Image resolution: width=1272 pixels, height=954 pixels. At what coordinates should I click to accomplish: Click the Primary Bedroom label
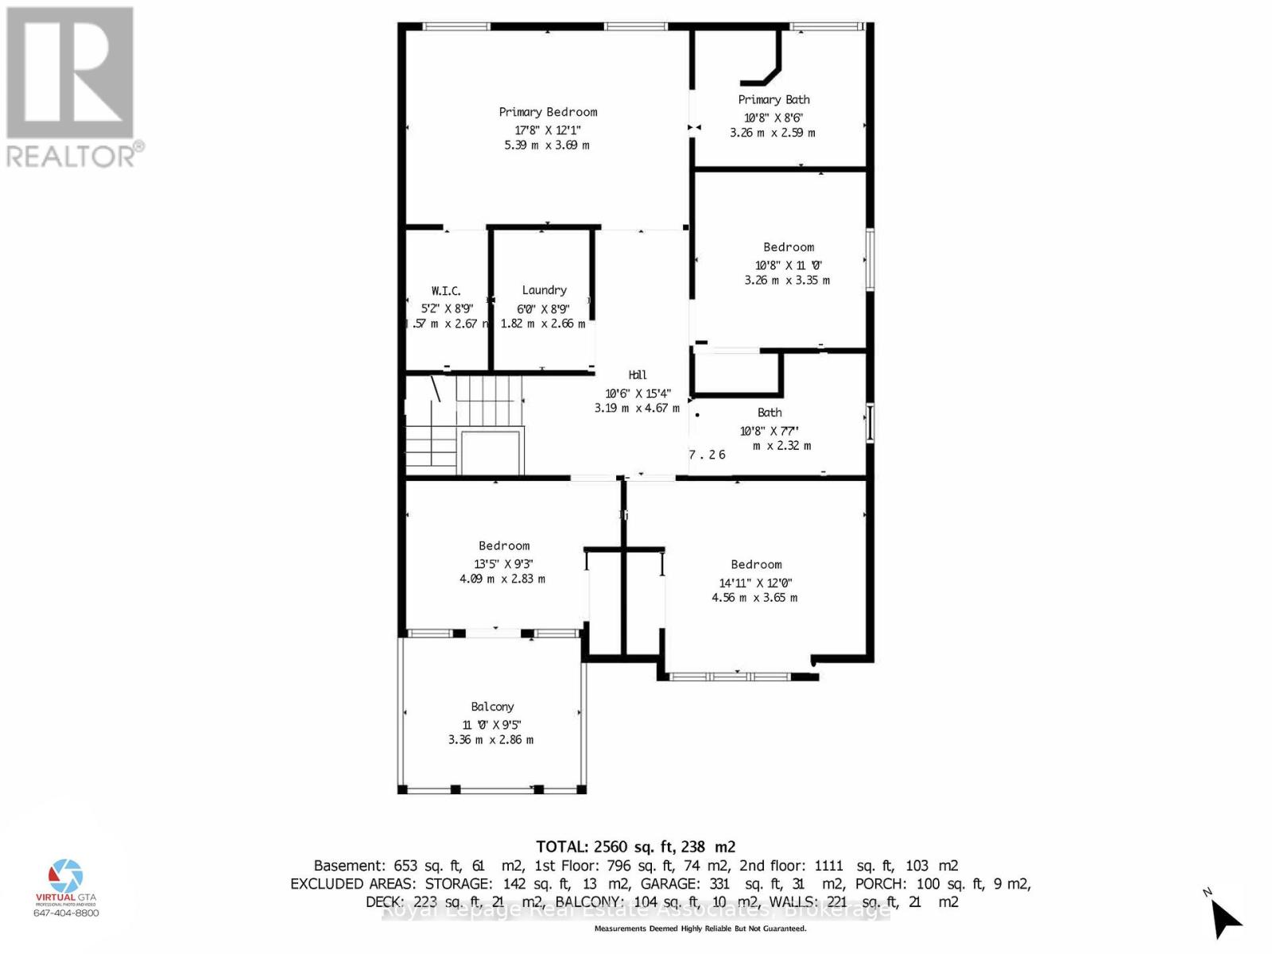click(548, 112)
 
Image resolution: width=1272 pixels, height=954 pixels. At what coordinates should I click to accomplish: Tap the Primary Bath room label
click(774, 99)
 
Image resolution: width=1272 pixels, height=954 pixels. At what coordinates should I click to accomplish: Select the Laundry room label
click(545, 290)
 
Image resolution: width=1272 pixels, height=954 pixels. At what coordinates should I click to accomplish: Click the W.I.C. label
click(446, 291)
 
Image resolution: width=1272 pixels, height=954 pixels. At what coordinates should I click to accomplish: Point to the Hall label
click(638, 375)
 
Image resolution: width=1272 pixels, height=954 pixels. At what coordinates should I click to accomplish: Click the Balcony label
click(492, 707)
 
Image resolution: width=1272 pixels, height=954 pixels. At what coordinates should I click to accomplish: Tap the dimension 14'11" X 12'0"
click(755, 583)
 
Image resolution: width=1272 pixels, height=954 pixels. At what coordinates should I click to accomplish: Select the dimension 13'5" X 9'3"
click(503, 564)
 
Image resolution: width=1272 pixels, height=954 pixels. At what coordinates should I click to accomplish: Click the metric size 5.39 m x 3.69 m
click(547, 145)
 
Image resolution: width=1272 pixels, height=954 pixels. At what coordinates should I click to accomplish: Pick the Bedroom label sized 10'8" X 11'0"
click(789, 247)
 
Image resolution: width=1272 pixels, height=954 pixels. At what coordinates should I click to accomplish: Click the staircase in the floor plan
click(465, 425)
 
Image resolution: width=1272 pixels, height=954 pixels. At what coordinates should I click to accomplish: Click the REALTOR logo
click(73, 87)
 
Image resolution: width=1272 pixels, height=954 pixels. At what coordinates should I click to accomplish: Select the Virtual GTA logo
click(66, 882)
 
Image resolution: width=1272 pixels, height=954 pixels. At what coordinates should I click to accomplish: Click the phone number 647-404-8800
click(66, 913)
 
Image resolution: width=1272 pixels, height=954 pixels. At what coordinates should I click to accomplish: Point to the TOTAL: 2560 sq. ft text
click(635, 847)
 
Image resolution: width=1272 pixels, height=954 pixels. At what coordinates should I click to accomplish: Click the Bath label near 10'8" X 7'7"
click(770, 413)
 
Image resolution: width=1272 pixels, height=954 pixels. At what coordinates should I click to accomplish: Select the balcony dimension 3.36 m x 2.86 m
click(491, 740)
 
